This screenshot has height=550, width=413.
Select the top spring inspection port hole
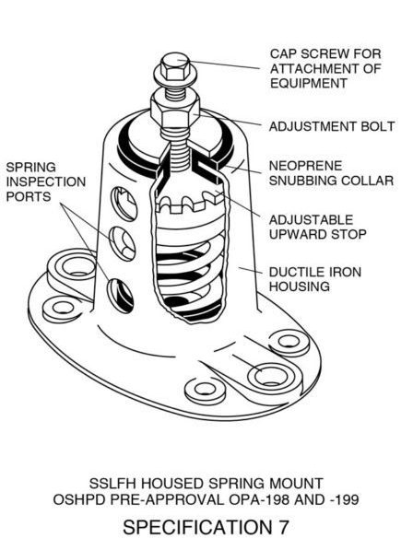coord(124,204)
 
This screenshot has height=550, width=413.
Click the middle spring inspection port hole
coord(124,243)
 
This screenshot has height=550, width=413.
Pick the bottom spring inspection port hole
coord(121,295)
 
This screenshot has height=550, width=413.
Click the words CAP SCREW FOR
coord(325,53)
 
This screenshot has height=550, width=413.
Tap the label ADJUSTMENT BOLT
coord(332,126)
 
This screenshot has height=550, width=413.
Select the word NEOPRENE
coord(305,166)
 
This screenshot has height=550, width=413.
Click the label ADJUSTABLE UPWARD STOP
coord(317,227)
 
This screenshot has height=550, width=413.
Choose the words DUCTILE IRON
coord(314,272)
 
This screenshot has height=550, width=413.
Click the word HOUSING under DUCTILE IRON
coord(300,287)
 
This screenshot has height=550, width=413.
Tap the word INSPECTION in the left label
coord(46,181)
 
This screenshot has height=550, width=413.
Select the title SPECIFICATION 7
coord(206,527)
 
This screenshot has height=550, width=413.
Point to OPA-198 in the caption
coord(260,499)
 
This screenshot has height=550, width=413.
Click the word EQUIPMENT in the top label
coord(309,83)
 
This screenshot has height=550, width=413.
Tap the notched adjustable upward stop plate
coord(190,203)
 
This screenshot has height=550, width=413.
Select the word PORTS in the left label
coord(29,196)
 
